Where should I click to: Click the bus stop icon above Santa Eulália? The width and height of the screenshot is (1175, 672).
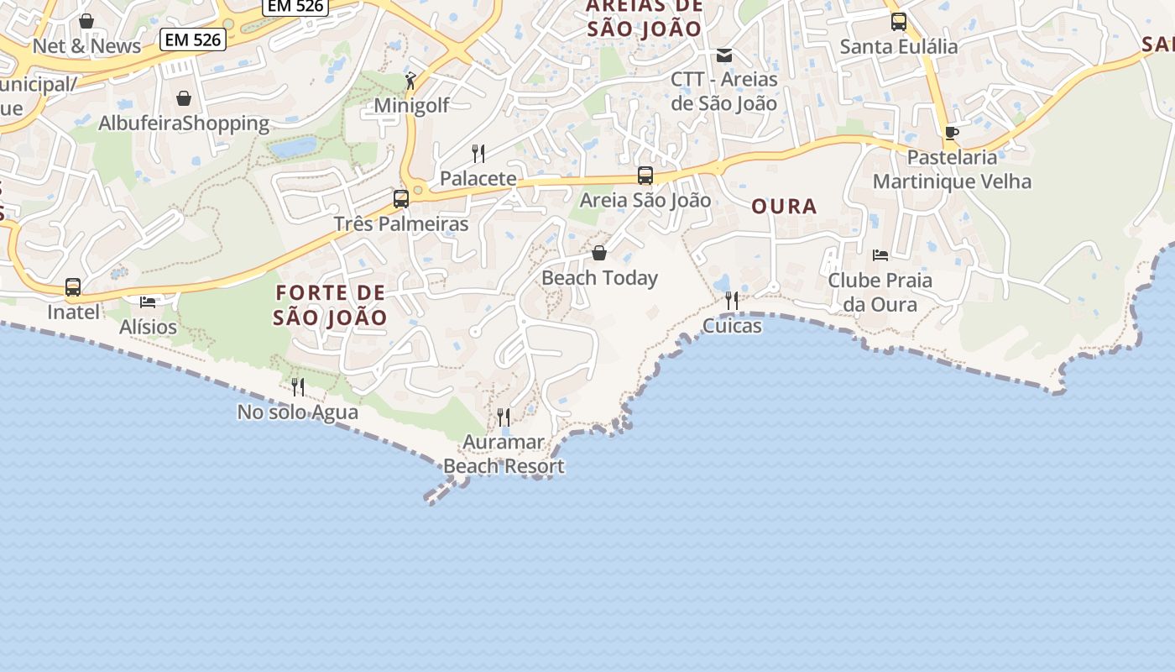tap(899, 22)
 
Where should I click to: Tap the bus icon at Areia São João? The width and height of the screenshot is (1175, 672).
tap(645, 176)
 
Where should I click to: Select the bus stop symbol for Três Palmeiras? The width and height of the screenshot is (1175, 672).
tap(401, 199)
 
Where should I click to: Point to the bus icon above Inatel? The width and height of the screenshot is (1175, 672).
tap(73, 287)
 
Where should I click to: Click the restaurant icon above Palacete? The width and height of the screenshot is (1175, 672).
tap(478, 153)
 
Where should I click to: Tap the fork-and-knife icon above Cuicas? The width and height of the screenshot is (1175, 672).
tap(732, 300)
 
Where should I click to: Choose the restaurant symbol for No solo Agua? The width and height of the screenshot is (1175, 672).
tap(298, 386)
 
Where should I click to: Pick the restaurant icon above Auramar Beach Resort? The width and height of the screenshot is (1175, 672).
tap(504, 417)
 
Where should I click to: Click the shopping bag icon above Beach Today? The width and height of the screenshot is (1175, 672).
tap(599, 253)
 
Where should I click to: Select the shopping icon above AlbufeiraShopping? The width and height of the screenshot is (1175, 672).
tap(184, 99)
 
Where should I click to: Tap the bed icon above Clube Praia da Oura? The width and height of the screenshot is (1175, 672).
tap(880, 255)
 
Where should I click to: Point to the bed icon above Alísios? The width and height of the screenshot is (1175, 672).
tap(148, 302)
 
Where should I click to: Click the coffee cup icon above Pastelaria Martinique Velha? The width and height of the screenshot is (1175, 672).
tap(951, 133)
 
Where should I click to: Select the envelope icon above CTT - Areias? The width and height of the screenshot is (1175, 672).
tap(724, 55)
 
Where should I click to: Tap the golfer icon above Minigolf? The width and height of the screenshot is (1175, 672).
tap(410, 81)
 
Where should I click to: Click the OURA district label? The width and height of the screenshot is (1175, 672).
tap(784, 207)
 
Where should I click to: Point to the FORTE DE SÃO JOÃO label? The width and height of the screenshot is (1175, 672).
tap(331, 305)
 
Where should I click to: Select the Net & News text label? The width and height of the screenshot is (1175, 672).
tap(86, 46)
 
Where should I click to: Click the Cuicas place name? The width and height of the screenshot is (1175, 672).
tap(732, 326)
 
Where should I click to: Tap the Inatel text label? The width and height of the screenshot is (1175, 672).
tap(73, 312)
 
